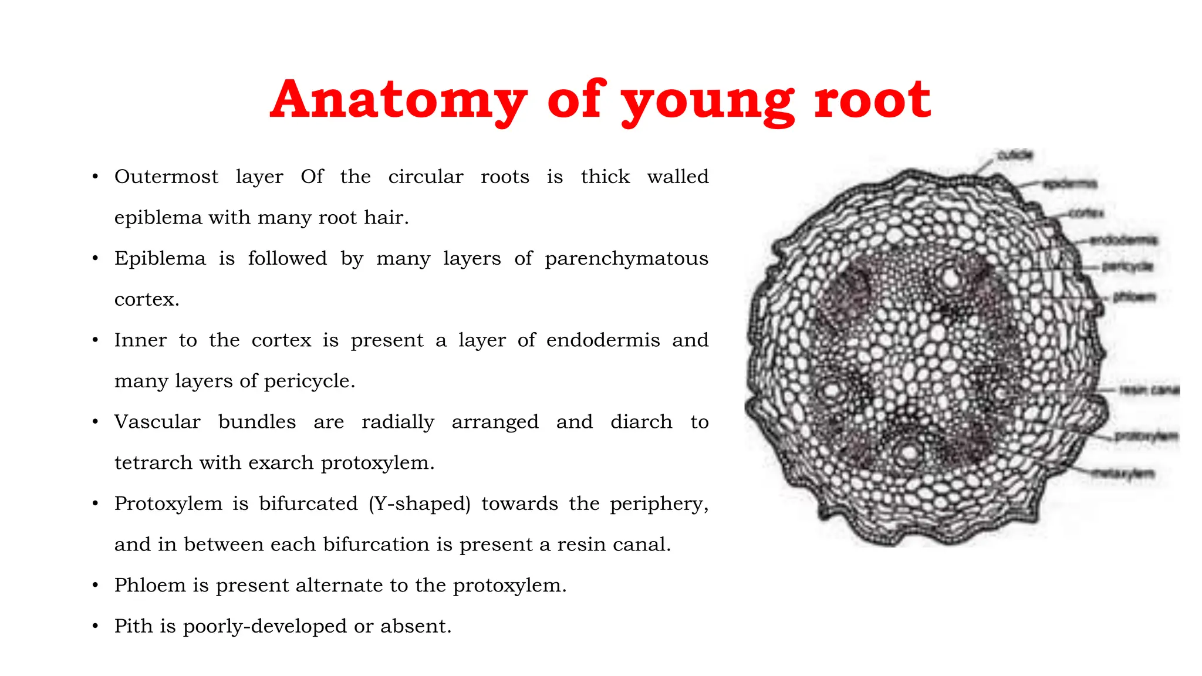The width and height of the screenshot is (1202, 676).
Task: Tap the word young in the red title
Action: [x=708, y=101]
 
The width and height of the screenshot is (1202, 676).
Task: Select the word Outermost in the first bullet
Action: [x=166, y=177]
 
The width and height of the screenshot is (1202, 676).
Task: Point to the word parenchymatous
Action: [x=626, y=258]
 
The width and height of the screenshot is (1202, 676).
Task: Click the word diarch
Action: [x=641, y=422]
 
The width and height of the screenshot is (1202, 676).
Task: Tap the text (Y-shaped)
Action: [x=420, y=503]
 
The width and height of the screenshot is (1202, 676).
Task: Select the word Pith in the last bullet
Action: [x=133, y=626]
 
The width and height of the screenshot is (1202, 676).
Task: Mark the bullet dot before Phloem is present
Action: [x=95, y=586]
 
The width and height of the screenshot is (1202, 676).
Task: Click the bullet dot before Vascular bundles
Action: [x=95, y=422]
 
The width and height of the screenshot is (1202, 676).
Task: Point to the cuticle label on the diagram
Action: [x=1015, y=155]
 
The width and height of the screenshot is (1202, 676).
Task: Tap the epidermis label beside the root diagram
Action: [x=1069, y=184]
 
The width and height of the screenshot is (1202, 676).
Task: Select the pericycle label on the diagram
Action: [x=1127, y=267]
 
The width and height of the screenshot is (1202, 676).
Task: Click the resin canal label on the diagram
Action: [x=1149, y=390]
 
